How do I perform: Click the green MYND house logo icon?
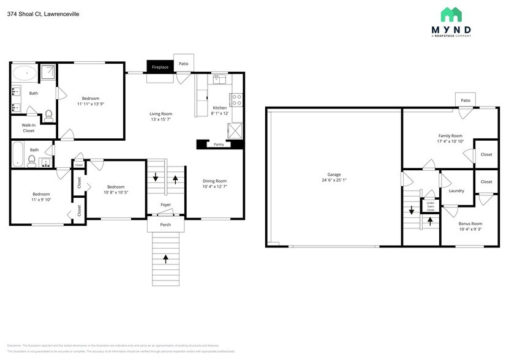(451, 15)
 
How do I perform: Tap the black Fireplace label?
(160, 67)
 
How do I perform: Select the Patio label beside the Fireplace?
(183, 63)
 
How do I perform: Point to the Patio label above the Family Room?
(466, 100)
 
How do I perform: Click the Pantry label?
(219, 145)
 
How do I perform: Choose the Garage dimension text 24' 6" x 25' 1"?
(334, 181)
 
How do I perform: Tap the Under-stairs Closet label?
(431, 206)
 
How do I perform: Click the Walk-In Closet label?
(29, 127)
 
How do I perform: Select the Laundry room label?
(456, 190)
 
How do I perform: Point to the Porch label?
(166, 225)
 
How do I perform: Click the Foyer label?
(166, 204)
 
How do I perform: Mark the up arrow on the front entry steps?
(166, 259)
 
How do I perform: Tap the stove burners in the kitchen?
(236, 100)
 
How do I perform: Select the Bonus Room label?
(470, 223)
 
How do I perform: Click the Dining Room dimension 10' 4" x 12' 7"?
(215, 187)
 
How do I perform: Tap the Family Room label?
(450, 135)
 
